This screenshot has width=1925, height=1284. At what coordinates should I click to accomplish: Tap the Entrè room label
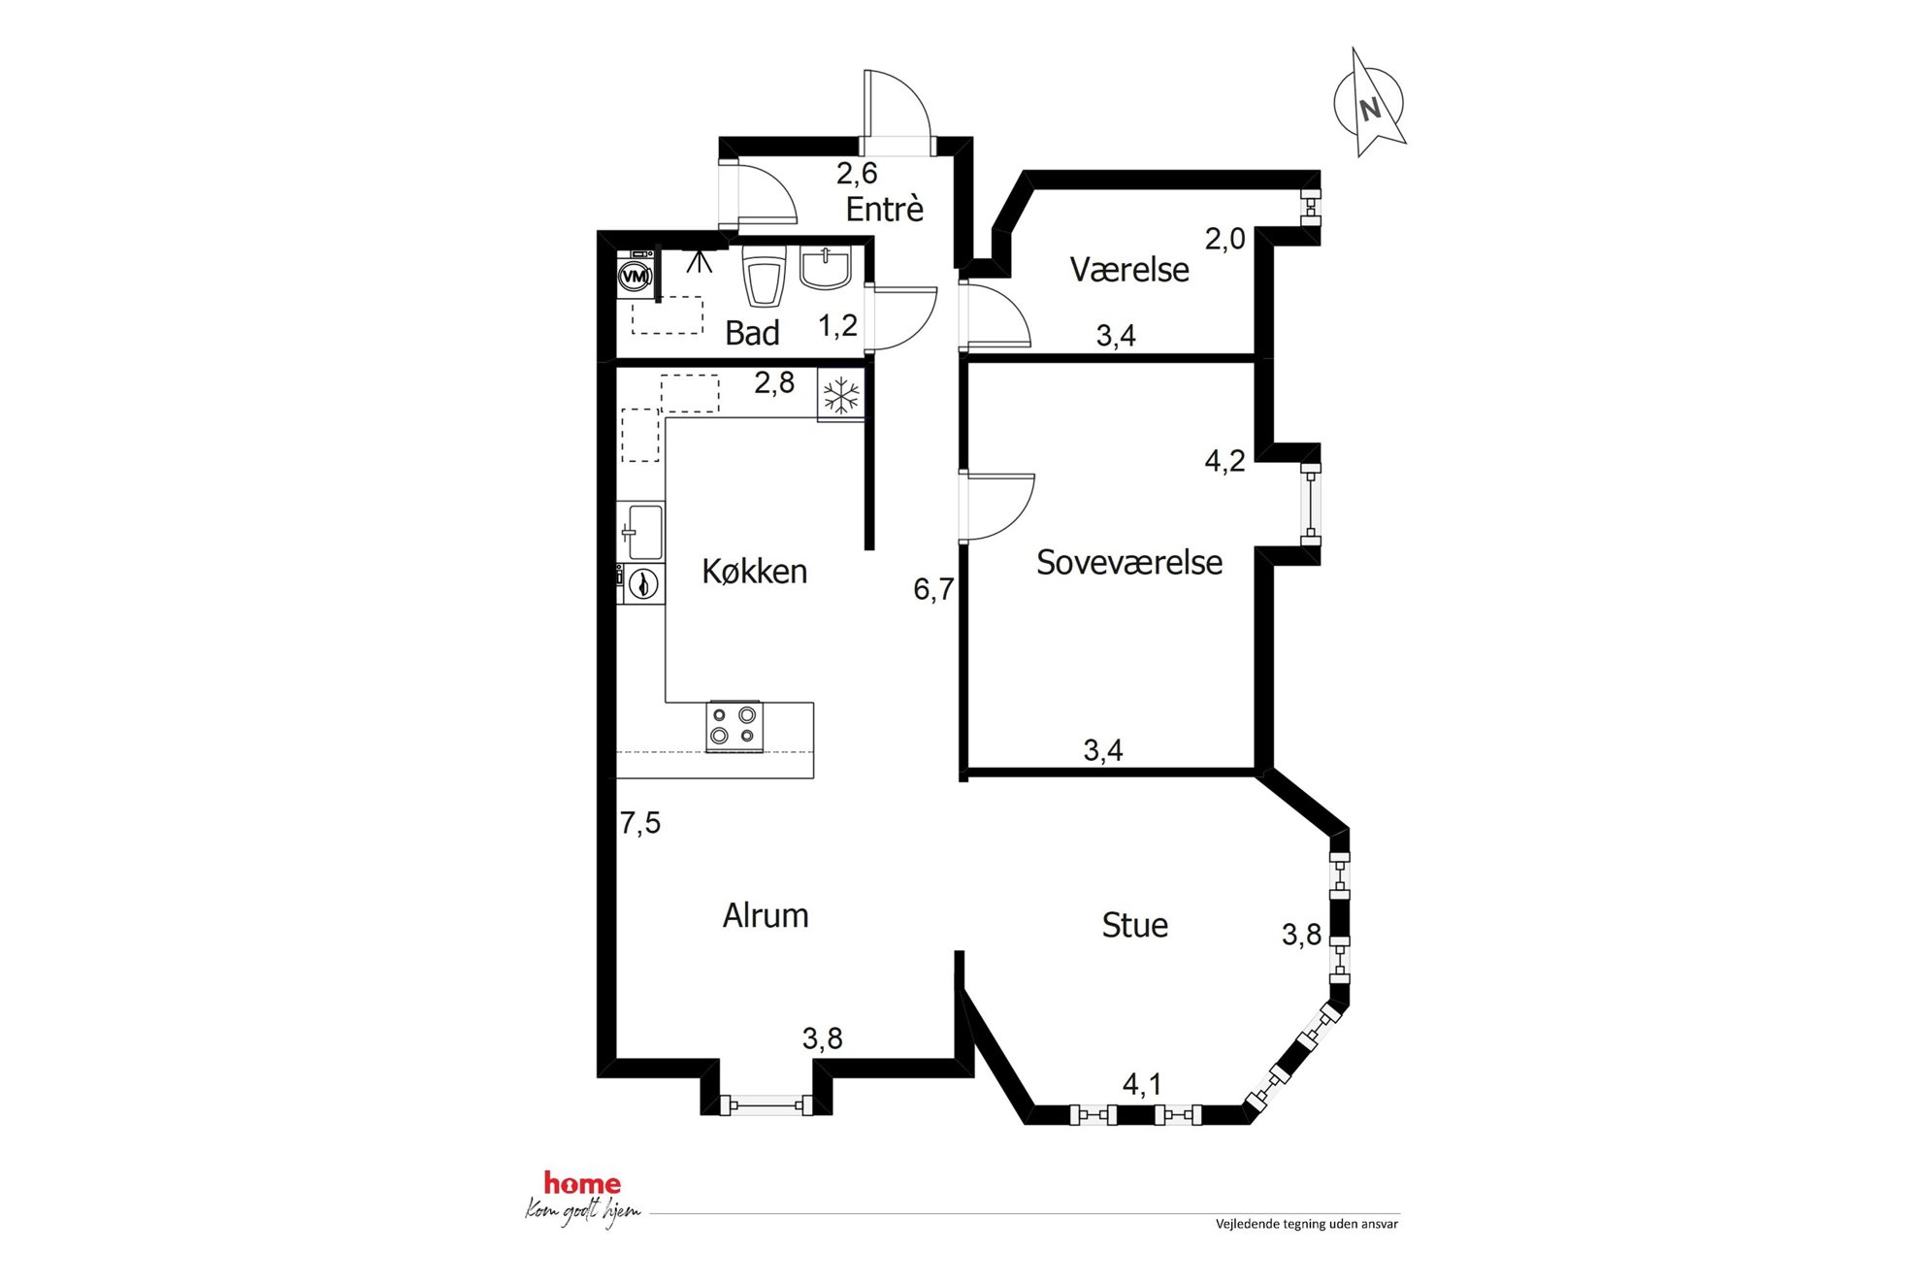(x=884, y=210)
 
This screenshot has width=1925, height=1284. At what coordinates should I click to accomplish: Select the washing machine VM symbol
(x=635, y=277)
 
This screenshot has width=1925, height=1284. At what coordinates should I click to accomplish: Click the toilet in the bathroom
(x=764, y=276)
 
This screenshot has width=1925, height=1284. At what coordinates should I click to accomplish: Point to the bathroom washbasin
(x=825, y=268)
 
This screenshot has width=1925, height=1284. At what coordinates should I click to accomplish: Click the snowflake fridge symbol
(x=840, y=396)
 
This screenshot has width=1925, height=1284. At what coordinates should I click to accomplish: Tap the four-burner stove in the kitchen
(x=734, y=727)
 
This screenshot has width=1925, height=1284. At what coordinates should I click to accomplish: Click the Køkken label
(x=754, y=572)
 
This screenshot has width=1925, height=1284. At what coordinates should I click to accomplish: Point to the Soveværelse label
(x=1129, y=563)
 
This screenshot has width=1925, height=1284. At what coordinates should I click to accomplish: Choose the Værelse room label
(x=1129, y=270)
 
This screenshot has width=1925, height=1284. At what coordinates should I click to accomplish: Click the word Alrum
(x=766, y=915)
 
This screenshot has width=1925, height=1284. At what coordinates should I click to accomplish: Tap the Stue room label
(x=1134, y=925)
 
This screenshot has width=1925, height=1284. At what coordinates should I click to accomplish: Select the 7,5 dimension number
(x=640, y=823)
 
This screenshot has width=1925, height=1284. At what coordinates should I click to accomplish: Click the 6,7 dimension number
(x=933, y=589)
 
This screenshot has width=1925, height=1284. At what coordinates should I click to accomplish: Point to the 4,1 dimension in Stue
(x=1142, y=1084)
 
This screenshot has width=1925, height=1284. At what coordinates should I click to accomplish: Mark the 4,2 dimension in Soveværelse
(x=1224, y=460)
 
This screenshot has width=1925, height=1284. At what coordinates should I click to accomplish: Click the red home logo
(x=582, y=1183)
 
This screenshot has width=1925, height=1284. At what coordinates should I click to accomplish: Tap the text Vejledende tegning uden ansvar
(x=1307, y=1225)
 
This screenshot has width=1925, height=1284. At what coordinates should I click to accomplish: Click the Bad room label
(x=752, y=333)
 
